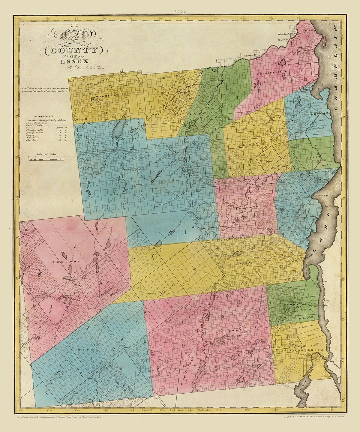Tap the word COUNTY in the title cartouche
point(75,50)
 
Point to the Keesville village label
point(283,40)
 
